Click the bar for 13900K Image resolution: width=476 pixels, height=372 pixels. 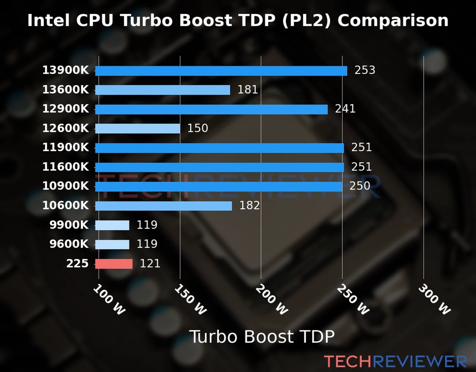pos(221,71)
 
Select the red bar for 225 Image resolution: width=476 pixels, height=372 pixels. pos(114,264)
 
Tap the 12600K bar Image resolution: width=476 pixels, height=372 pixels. pos(138,128)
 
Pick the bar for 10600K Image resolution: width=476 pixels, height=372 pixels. pos(163,206)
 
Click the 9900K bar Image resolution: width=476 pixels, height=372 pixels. pos(112,225)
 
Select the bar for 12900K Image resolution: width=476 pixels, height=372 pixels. pos(211,109)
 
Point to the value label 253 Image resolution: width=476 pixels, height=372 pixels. pos(365,70)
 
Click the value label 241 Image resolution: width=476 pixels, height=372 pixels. pos(345,109)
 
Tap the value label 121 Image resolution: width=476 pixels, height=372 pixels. pos(150,263)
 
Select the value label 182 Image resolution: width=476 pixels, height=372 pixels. pos(249,206)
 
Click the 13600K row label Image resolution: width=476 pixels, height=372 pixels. pos(65,90)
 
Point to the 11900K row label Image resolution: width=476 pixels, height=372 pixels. pos(65,148)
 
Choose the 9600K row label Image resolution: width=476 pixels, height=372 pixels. pos(69,244)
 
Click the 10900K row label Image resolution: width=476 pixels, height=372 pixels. pos(65,186)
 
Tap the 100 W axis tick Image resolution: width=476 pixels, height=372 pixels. pos(109,299)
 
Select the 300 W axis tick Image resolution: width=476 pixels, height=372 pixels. pos(434,299)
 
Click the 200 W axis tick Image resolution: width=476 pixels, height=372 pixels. pos(271,299)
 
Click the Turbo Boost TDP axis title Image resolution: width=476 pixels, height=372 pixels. pos(262,337)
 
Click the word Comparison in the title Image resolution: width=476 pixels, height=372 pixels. pos(393,20)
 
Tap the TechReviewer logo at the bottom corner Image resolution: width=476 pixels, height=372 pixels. pos(395,361)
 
